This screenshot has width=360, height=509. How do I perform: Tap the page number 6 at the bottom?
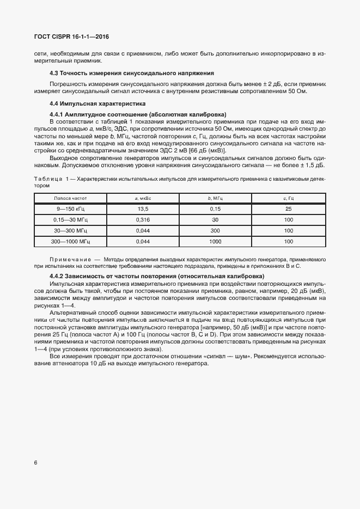click(x=35, y=463)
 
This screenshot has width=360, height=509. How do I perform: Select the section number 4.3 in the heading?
click(x=54, y=73)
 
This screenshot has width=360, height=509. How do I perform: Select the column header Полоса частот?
click(x=71, y=198)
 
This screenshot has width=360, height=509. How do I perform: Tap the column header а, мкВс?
click(x=143, y=198)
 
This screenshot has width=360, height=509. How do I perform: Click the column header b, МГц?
click(x=216, y=198)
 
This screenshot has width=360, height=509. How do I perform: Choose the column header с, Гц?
click(x=289, y=198)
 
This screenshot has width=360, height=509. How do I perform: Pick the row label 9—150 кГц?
click(x=71, y=210)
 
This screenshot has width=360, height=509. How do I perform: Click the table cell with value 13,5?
click(x=143, y=210)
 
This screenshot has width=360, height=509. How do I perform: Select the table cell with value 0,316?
click(x=143, y=220)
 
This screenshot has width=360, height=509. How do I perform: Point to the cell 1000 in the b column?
click(x=216, y=241)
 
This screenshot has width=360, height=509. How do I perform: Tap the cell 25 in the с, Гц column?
click(x=289, y=210)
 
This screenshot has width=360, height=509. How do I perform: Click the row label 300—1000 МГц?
click(x=71, y=241)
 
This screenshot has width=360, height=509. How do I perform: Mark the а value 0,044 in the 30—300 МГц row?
click(x=143, y=231)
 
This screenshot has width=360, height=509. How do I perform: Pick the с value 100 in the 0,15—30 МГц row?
click(x=289, y=220)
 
